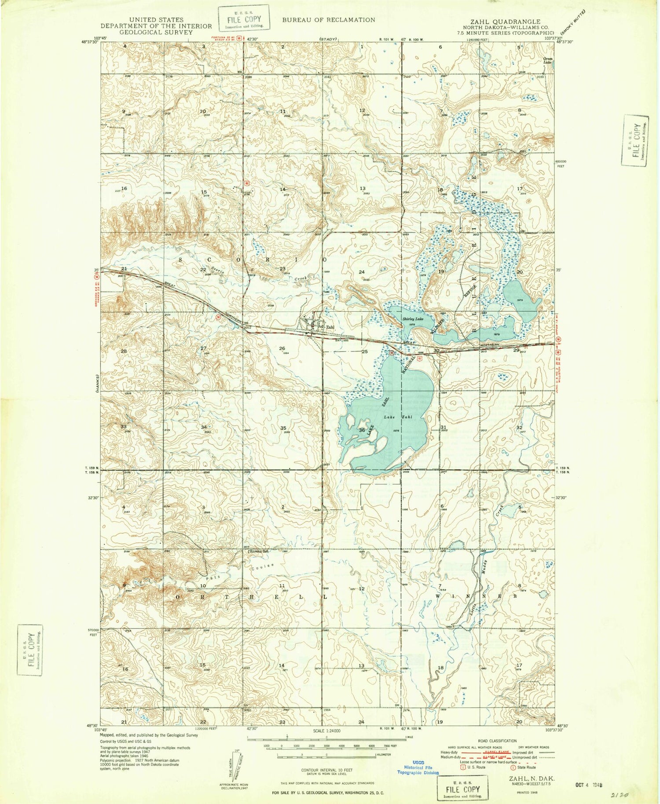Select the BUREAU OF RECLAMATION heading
tap(329, 20)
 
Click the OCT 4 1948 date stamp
tap(588, 784)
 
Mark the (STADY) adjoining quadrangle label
tap(328, 40)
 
